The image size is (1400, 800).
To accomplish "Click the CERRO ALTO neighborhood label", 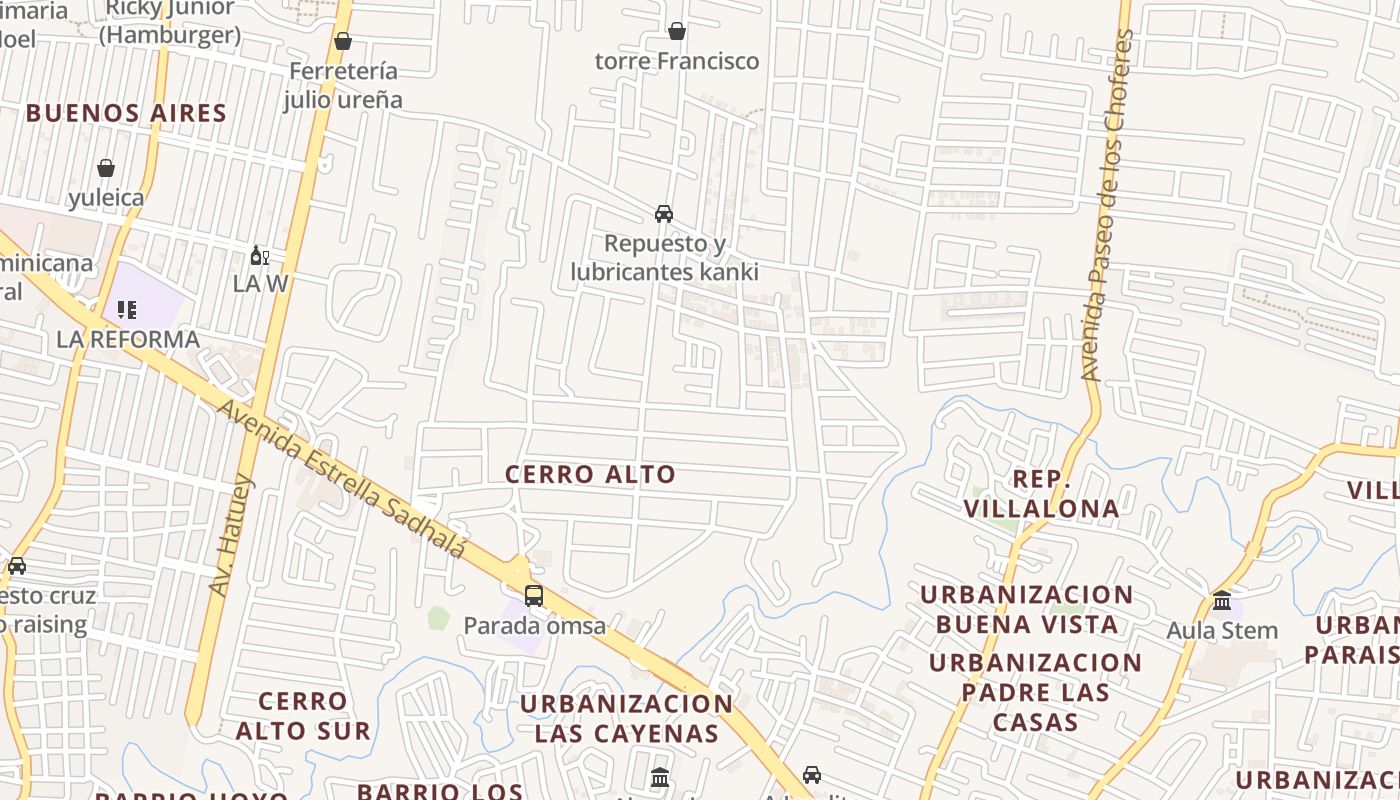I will (x=590, y=474).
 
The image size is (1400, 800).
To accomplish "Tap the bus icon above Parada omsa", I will (x=534, y=596).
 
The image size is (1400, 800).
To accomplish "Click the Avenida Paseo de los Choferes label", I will (x=1108, y=205).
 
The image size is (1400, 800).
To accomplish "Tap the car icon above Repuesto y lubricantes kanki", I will (x=664, y=214).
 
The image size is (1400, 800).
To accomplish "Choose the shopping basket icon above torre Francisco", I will (x=677, y=31).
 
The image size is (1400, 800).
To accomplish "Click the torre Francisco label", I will (x=677, y=61).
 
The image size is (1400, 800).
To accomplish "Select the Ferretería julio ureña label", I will (x=343, y=85).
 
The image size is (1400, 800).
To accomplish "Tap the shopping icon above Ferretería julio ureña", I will (x=343, y=41).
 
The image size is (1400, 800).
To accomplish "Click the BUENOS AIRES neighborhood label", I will (x=127, y=113).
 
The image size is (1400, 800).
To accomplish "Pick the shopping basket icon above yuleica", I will (x=106, y=168).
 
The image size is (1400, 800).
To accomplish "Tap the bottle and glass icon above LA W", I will (x=260, y=256).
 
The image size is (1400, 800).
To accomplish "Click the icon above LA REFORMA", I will (x=127, y=310).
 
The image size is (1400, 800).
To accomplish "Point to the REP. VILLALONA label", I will (x=1041, y=494).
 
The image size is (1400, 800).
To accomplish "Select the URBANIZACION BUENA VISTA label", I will (x=1026, y=609).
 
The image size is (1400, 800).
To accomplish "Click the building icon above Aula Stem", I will (x=1222, y=601).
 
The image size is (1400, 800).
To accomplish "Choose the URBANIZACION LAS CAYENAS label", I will (x=627, y=718).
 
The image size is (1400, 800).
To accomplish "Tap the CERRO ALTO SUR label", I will (x=303, y=715).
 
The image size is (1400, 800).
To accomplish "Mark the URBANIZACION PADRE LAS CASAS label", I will (x=1035, y=692).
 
